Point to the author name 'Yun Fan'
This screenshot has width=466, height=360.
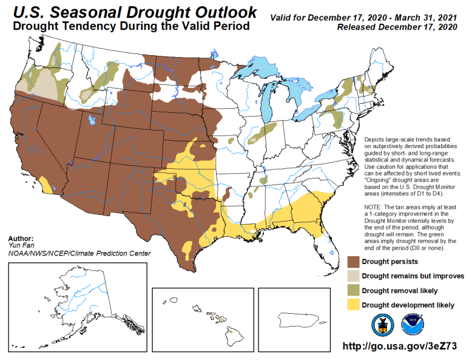point(18,246)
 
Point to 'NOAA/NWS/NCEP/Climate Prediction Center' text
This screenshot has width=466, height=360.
point(79,253)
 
